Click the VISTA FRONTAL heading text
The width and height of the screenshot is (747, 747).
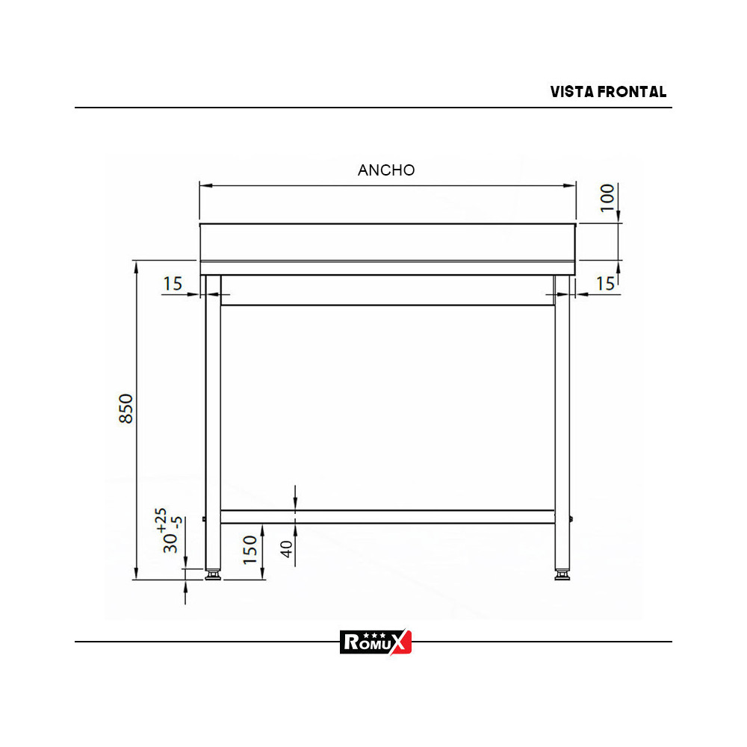pyautogui.click(x=608, y=92)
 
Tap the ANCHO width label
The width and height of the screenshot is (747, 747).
pyautogui.click(x=386, y=170)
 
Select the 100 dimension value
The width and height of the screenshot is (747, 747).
pyautogui.click(x=607, y=198)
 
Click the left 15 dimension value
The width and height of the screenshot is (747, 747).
pyautogui.click(x=173, y=284)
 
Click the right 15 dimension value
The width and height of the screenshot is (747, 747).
pyautogui.click(x=606, y=284)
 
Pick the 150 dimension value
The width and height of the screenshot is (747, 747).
pyautogui.click(x=250, y=549)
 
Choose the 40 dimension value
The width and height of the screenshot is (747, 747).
pyautogui.click(x=286, y=549)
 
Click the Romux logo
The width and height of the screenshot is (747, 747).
pyautogui.click(x=376, y=642)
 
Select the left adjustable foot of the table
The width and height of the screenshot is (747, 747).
pyautogui.click(x=213, y=574)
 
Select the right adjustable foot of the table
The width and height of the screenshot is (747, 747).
pyautogui.click(x=562, y=574)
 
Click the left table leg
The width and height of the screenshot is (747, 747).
pyautogui.click(x=213, y=418)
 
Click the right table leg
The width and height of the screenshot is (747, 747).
pyautogui.click(x=562, y=418)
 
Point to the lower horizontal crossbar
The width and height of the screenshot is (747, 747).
pyautogui.click(x=387, y=516)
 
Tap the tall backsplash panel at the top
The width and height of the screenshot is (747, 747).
pyautogui.click(x=388, y=241)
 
